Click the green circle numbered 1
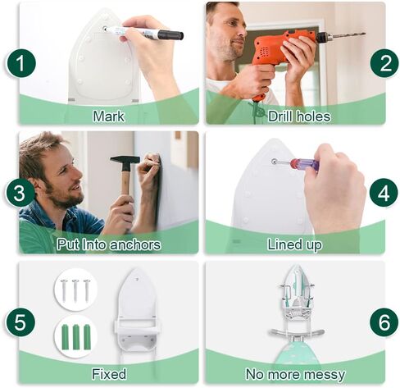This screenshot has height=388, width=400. click(20, 63)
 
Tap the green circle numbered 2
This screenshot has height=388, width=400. click(384, 63)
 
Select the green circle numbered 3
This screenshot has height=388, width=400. click(20, 193)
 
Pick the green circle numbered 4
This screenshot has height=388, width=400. click(384, 193)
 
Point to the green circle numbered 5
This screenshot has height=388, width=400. click(20, 322)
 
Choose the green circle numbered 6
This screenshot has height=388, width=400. click(384, 322)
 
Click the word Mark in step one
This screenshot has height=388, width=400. click(108, 116)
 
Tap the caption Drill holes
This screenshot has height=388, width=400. click(299, 116)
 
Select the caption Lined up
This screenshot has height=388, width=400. click(294, 244)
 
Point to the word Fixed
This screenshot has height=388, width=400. click(109, 374)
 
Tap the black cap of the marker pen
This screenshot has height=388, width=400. click(170, 34)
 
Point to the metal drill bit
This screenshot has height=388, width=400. click(348, 35)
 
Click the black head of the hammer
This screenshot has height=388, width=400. click(125, 160)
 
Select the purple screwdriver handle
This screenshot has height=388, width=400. click(304, 164)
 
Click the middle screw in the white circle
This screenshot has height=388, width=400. click(75, 290)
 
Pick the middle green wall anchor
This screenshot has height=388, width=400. click(75, 337)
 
